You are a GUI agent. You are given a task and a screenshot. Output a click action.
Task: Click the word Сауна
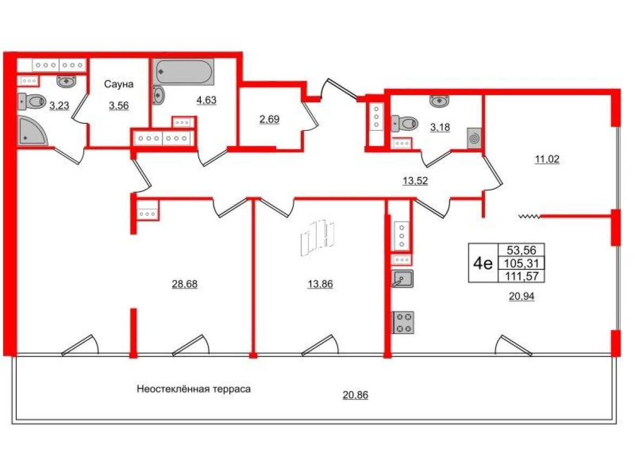[119, 84]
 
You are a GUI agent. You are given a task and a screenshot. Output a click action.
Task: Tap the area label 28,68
[185, 284]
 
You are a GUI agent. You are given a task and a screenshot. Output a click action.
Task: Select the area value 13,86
[320, 284]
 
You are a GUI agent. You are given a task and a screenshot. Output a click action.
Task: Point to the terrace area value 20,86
[356, 395]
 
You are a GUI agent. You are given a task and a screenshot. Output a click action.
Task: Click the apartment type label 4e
[483, 264]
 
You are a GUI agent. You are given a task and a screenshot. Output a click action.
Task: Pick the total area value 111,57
[522, 276]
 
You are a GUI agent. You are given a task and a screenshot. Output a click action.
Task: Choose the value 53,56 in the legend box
[522, 250]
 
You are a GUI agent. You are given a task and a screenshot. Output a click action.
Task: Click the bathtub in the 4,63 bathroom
[184, 71]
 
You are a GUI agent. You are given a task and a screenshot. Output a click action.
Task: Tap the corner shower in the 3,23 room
[31, 131]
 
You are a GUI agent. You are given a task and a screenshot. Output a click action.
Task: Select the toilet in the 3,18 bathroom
[404, 123]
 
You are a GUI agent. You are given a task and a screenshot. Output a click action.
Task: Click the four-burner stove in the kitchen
[403, 322]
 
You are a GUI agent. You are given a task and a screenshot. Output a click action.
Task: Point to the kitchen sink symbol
[402, 279]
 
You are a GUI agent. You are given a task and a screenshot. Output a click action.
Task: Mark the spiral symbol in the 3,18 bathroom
[474, 138]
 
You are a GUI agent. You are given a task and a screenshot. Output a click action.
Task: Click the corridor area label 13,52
[415, 181]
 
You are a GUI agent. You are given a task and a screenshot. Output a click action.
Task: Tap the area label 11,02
[547, 159]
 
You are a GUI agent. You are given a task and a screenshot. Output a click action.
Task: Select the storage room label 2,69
[269, 119]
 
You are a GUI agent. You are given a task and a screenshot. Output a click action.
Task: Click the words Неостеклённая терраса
[194, 389]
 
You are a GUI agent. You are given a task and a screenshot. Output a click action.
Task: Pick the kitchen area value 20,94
[522, 297]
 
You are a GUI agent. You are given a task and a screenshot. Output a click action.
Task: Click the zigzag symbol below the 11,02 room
[529, 216]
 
